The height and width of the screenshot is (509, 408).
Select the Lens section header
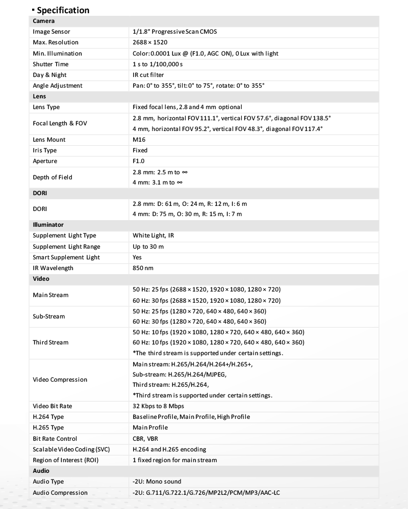tap(39, 96)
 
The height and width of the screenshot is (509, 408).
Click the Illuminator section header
tap(48, 224)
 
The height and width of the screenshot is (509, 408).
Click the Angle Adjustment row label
tap(57, 86)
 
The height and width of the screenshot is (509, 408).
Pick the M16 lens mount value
tap(139, 140)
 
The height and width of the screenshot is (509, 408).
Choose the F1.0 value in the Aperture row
tap(139, 161)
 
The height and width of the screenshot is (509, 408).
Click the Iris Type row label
tap(44, 150)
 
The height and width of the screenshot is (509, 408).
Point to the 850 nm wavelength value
tap(143, 268)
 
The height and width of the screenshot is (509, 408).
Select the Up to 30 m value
tap(148, 247)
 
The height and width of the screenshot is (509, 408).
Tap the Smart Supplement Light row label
tap(66, 257)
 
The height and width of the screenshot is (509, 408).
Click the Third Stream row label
tap(50, 342)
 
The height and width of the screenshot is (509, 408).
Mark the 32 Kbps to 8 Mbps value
tap(159, 406)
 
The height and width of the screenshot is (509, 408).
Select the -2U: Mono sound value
tap(157, 481)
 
